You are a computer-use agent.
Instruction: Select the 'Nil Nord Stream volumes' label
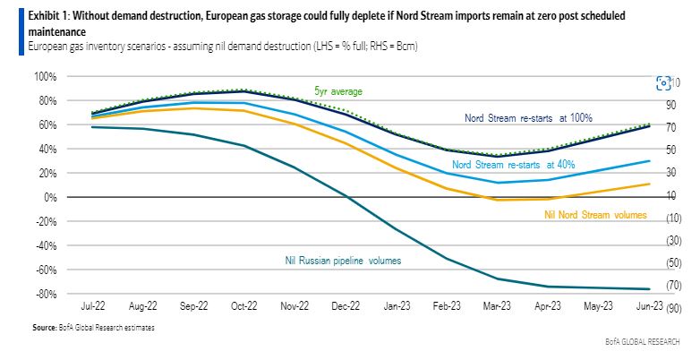tap(595, 215)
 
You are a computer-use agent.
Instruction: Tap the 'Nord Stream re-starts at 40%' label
tap(513, 165)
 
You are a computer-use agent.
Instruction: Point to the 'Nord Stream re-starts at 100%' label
tap(528, 117)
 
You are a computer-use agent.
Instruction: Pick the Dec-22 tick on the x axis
tap(346, 305)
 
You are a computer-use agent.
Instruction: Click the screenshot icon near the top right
tap(663, 82)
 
